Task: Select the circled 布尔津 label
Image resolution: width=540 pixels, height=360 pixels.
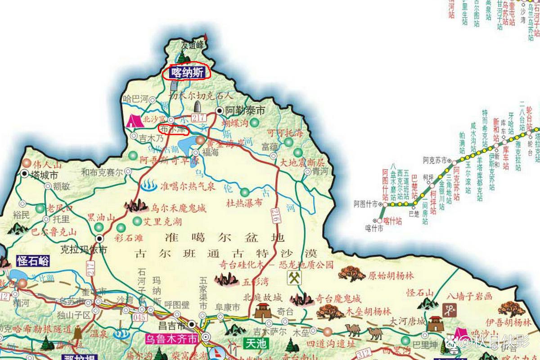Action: tap(174, 129)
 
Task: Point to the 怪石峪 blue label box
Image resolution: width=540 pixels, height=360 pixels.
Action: tap(32, 261)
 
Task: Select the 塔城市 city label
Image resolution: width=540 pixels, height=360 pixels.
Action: tap(43, 175)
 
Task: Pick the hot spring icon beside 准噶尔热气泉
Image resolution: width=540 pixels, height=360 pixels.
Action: tap(148, 184)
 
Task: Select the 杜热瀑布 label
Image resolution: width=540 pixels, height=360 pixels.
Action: tap(244, 203)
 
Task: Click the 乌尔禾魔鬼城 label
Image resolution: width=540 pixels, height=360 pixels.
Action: tap(179, 208)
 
